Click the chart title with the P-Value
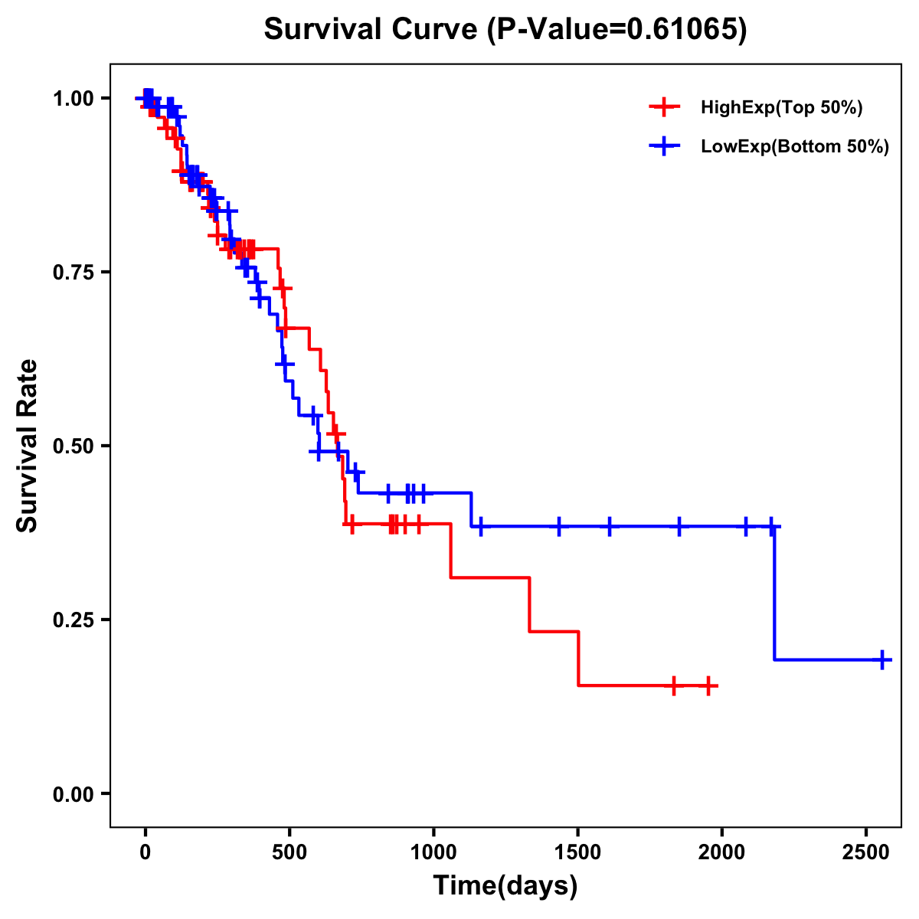coord(505,30)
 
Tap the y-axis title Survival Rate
coord(28,445)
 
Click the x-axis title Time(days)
coord(505,886)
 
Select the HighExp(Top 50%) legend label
coord(782,107)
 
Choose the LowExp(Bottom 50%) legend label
coord(795,146)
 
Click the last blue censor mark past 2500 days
coord(882,659)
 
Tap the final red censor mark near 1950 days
coord(708,685)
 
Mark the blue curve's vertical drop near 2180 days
coord(774,594)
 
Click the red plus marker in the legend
coord(664,107)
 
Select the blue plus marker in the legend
coord(664,146)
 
